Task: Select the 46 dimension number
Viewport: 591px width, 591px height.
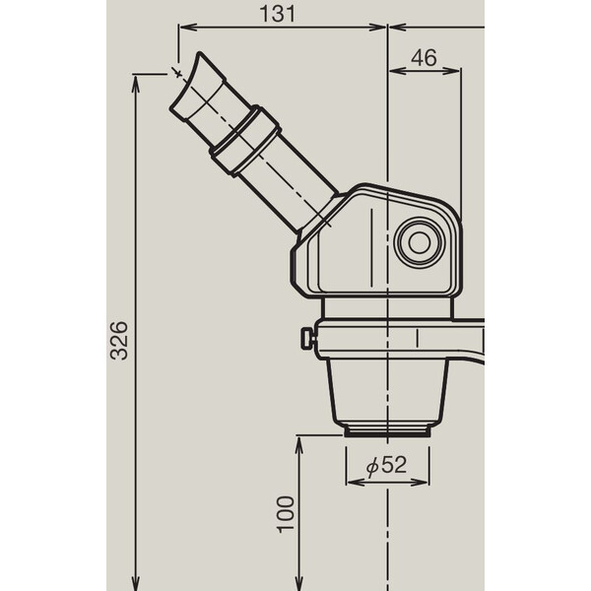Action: coord(424,58)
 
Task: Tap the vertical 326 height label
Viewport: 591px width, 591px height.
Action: coord(117,340)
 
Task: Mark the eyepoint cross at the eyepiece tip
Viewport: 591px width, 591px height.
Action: coord(178,71)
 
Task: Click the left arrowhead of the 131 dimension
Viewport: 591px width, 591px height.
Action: coord(183,29)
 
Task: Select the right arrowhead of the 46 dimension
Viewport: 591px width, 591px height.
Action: coord(456,72)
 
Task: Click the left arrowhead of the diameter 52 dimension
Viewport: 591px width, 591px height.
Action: coord(351,483)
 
